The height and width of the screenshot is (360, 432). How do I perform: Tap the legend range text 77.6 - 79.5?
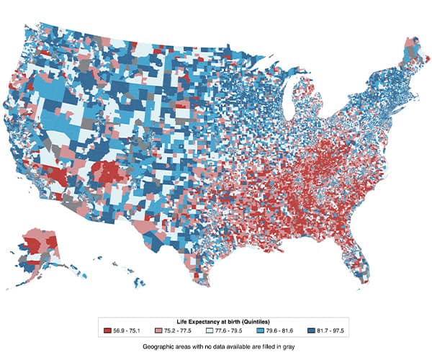click(225, 330)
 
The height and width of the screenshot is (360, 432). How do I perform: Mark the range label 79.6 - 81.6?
click(275, 330)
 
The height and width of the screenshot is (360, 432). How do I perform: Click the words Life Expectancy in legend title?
click(199, 320)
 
